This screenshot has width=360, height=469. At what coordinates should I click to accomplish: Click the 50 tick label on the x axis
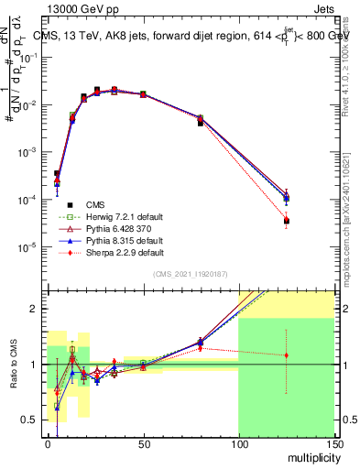[142, 444]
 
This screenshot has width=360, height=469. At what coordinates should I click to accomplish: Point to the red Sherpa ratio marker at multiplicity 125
[286, 355]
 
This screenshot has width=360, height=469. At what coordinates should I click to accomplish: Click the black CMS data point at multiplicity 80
[201, 123]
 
